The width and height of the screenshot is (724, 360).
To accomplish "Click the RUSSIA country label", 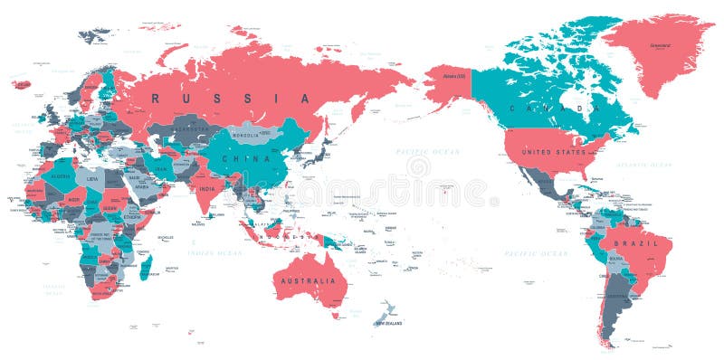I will click(230, 98).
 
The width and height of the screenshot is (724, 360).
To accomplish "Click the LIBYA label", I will click(91, 180).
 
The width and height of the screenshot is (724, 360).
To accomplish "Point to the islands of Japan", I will click(319, 153).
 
